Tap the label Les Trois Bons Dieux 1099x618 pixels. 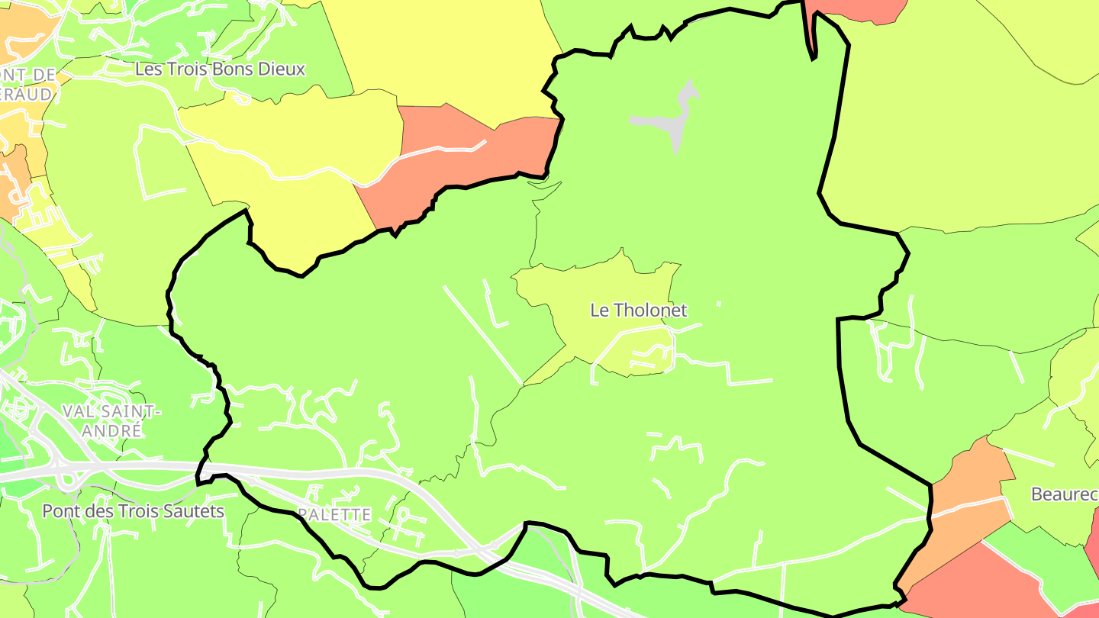point(220,69)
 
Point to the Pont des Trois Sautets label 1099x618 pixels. point(134,511)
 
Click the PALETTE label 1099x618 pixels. point(334,515)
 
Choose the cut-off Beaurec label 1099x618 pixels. point(1064,494)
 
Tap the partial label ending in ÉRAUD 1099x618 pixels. point(27,94)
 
